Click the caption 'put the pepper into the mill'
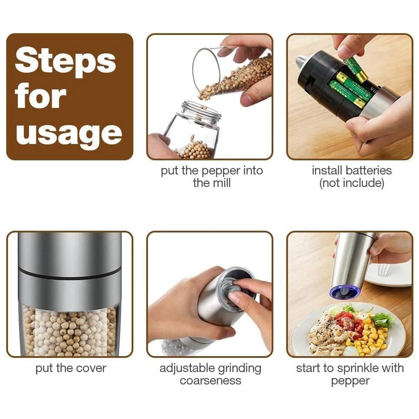(212, 177)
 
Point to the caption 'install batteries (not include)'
(352, 177)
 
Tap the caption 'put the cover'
(71, 368)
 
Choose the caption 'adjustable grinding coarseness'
(210, 374)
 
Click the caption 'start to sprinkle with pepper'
(350, 374)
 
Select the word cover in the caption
(92, 368)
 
